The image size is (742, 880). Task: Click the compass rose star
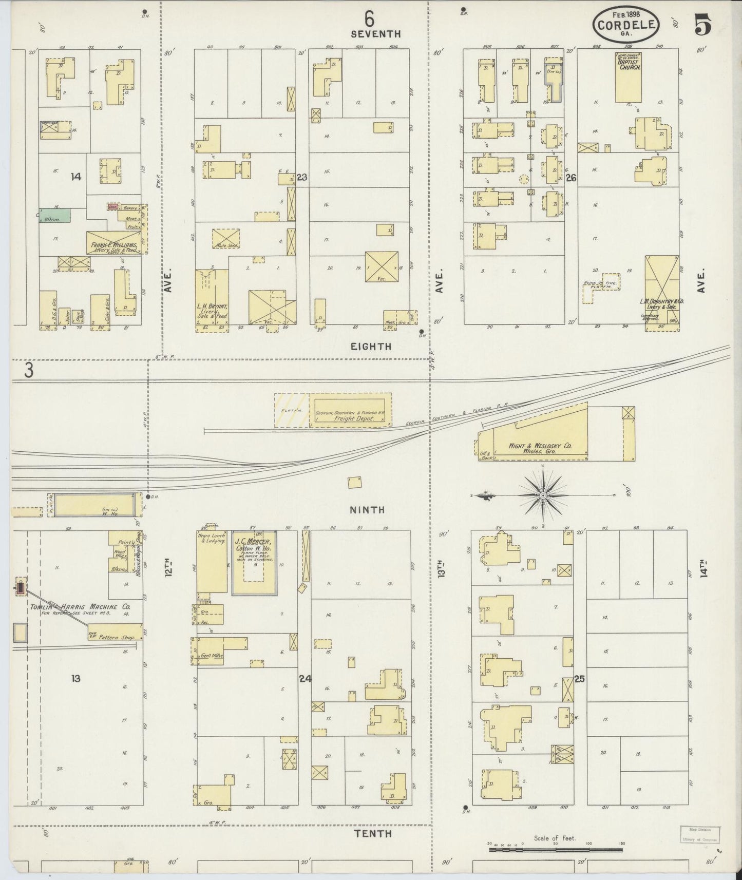click(x=543, y=495)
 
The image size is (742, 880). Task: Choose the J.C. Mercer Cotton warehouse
click(x=254, y=563)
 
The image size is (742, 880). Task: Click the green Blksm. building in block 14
click(x=55, y=215)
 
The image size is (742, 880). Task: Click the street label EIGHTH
click(x=371, y=347)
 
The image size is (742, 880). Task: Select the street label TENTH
click(x=374, y=834)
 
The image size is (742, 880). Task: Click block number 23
click(x=302, y=177)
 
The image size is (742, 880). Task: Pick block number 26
click(x=570, y=178)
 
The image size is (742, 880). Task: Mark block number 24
click(x=305, y=678)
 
